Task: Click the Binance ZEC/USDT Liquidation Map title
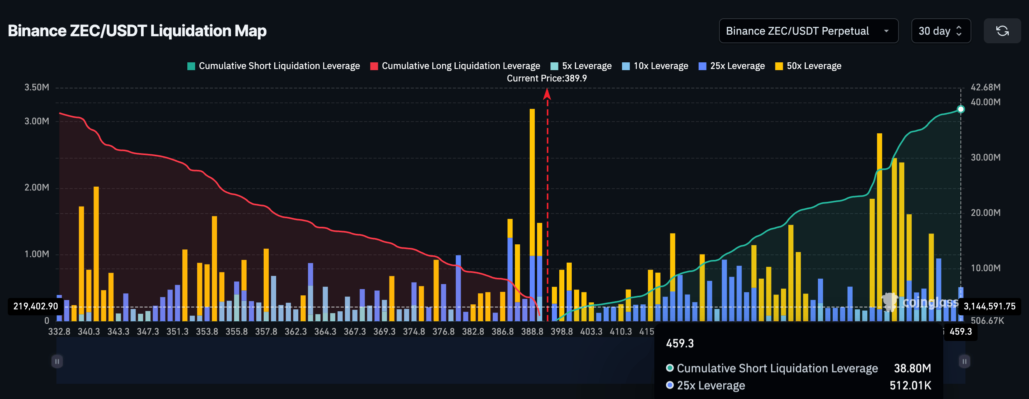(x=137, y=31)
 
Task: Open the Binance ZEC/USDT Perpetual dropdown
(x=808, y=31)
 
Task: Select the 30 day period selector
(x=940, y=31)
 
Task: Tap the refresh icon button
(x=1002, y=31)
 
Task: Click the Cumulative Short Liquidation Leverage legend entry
(x=274, y=66)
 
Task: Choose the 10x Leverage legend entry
(x=655, y=66)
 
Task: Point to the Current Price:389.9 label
(x=546, y=78)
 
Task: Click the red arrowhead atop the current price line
(x=547, y=94)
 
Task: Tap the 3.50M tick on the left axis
(x=37, y=87)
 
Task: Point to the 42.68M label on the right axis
(x=985, y=87)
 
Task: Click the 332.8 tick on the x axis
(x=59, y=332)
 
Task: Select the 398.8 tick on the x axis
(x=561, y=332)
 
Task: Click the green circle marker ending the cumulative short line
(x=961, y=109)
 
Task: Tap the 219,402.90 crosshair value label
(x=35, y=306)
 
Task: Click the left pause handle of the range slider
(x=57, y=362)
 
